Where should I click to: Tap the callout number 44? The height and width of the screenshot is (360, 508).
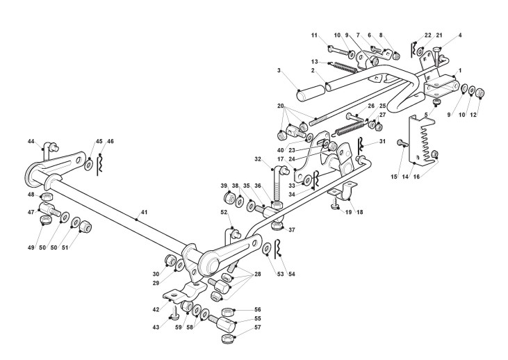(x=31, y=141)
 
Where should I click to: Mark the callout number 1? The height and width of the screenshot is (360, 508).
(x=459, y=72)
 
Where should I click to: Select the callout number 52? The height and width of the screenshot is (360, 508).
(x=224, y=212)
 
